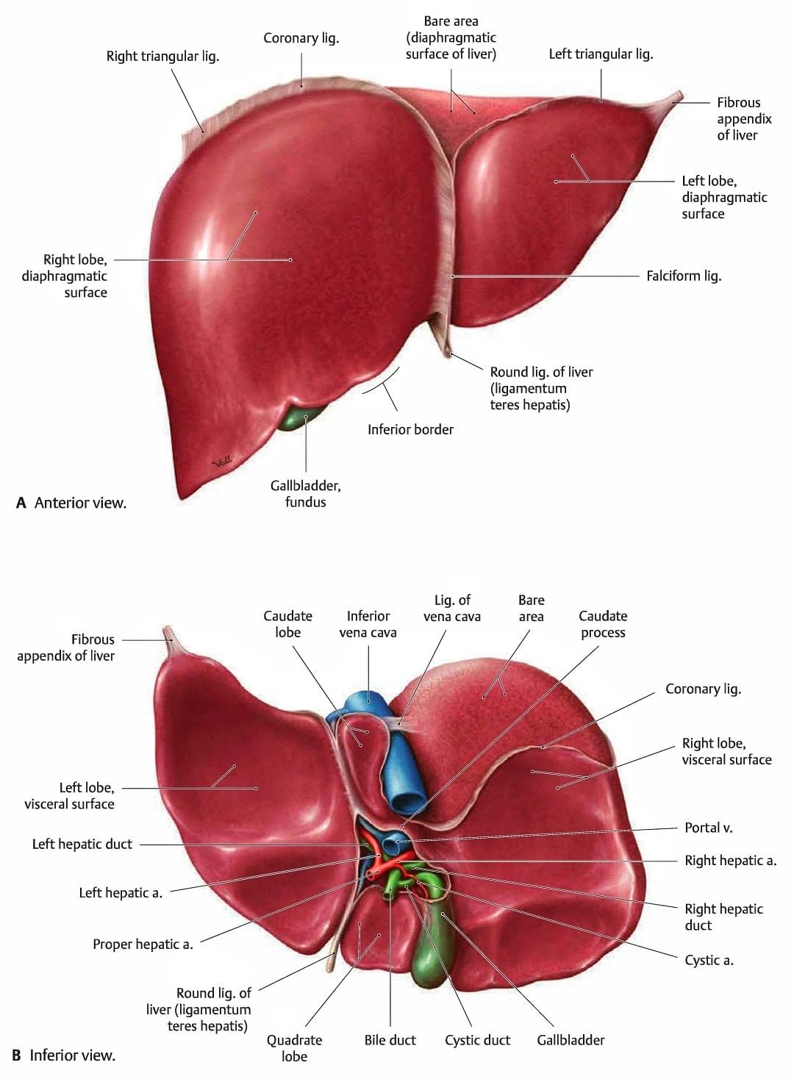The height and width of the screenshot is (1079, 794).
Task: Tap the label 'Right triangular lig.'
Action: click(163, 57)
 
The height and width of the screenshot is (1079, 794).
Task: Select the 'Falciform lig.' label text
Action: click(684, 276)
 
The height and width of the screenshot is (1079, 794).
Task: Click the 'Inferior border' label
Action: click(410, 429)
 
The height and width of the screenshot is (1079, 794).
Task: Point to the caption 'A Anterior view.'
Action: click(71, 503)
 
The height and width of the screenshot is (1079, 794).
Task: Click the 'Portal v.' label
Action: click(708, 828)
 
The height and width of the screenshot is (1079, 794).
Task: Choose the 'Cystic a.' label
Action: click(709, 960)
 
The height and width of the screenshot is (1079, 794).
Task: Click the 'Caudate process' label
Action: click(603, 624)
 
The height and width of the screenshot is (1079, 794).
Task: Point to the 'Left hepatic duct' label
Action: click(82, 844)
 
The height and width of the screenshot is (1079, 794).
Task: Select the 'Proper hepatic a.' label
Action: click(143, 944)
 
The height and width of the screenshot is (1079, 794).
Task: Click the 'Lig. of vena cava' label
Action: click(452, 608)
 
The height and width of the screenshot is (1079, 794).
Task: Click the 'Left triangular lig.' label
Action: click(601, 54)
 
